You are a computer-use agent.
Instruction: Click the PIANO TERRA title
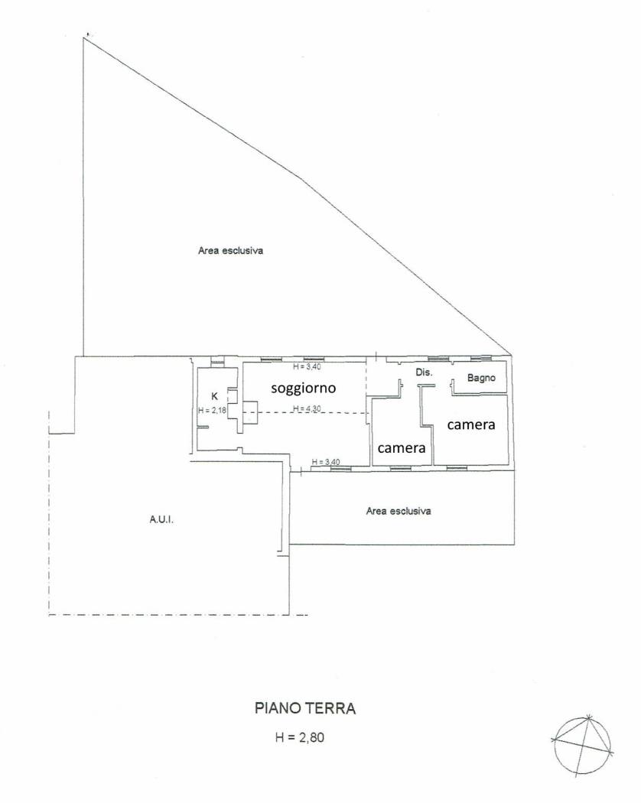304,708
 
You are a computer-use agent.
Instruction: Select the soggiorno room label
304,388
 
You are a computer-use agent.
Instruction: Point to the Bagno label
481,378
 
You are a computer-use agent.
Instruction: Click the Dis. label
424,372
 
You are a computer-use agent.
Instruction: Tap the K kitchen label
214,396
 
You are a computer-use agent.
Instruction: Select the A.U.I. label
162,520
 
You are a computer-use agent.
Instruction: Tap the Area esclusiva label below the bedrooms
398,512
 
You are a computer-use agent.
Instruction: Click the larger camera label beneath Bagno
472,425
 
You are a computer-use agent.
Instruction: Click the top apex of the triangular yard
84,38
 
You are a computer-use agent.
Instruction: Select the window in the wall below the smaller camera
401,467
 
